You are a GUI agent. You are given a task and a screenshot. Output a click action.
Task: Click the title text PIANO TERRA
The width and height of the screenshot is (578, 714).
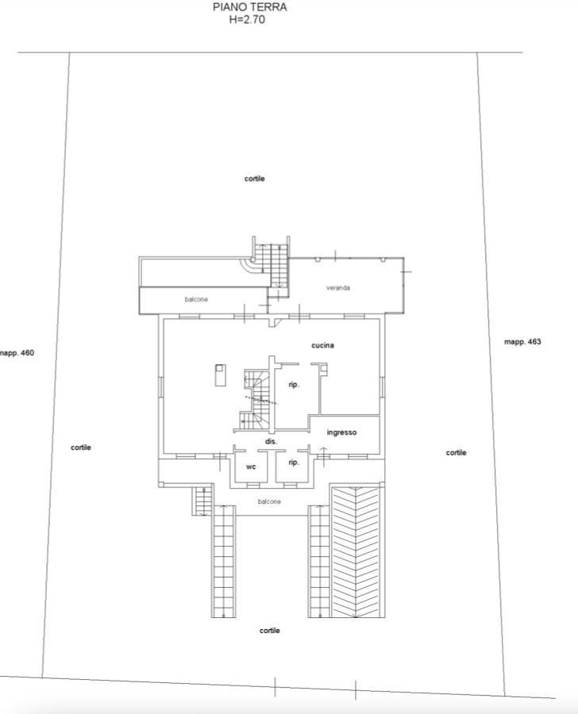click(250, 7)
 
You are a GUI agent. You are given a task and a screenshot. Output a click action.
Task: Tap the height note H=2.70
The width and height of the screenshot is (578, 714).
click(247, 20)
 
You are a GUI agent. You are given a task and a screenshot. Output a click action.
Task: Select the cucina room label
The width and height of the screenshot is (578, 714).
click(322, 345)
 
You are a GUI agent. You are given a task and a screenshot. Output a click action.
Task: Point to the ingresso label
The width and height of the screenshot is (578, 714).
click(341, 432)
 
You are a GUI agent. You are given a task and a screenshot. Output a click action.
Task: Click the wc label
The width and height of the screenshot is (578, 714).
click(251, 466)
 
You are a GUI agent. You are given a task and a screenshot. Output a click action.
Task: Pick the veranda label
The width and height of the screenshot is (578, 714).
click(338, 288)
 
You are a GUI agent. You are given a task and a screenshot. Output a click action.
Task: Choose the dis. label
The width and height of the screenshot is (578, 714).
click(272, 442)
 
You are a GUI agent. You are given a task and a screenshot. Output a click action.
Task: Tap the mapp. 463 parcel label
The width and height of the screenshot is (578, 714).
click(523, 341)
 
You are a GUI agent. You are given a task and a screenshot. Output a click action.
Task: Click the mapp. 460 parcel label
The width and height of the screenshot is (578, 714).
click(17, 352)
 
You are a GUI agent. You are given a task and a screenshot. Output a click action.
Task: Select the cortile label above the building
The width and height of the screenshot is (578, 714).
click(254, 178)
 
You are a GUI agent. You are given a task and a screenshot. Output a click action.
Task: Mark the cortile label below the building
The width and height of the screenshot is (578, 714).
click(269, 630)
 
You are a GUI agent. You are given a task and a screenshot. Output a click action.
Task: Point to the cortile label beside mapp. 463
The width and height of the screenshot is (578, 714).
click(456, 452)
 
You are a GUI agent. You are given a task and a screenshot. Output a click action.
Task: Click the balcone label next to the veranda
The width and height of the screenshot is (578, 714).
click(196, 299)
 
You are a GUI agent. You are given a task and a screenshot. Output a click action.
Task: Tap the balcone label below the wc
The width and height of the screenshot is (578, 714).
click(269, 501)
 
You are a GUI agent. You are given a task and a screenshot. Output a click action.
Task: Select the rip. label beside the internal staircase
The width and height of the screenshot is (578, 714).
click(294, 385)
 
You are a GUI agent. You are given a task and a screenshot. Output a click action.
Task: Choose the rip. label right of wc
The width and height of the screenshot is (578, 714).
click(294, 463)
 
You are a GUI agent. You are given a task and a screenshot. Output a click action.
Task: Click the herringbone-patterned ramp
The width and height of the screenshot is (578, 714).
click(356, 551)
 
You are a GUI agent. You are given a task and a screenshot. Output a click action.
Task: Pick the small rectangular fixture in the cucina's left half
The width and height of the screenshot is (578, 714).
click(220, 374)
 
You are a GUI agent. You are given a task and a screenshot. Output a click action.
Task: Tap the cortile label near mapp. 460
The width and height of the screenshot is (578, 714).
click(81, 447)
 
